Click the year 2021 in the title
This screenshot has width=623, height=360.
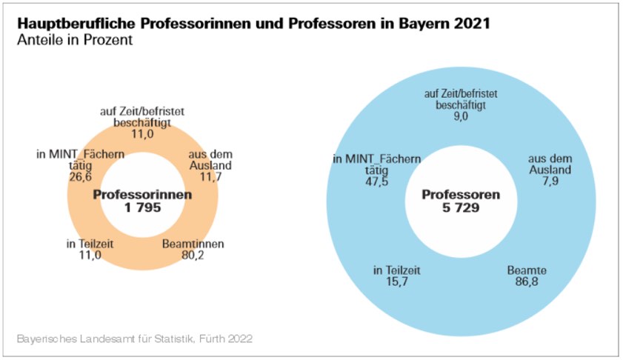(472, 24)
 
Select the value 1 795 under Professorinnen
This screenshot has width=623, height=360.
(143, 208)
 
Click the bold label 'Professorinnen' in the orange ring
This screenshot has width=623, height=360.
(143, 195)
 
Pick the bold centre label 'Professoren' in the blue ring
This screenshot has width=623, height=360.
(461, 195)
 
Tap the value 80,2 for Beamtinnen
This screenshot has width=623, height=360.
(193, 255)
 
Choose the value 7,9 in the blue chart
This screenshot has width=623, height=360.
(549, 181)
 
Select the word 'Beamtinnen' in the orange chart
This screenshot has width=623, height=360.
(193, 244)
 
